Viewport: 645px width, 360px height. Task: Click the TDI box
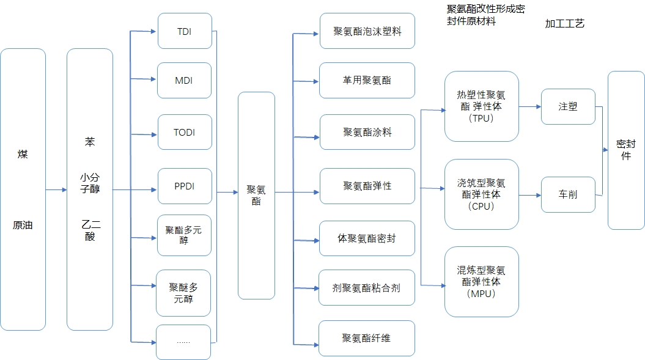185,31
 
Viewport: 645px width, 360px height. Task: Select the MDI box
185,80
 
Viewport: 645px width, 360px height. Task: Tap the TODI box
185,132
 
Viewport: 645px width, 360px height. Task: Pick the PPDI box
185,186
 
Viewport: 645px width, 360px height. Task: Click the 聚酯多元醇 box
185,235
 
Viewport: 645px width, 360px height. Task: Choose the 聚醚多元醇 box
183,293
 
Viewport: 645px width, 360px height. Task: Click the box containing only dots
183,342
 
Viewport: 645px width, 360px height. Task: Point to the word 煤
23,154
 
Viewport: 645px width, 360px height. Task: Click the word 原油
23,225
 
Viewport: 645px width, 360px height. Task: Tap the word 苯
90,142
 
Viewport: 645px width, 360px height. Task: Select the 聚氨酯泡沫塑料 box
367,31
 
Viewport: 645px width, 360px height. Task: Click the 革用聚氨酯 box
367,80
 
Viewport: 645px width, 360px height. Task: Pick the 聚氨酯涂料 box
367,132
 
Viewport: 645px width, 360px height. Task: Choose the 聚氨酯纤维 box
367,338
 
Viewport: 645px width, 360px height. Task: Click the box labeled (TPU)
482,106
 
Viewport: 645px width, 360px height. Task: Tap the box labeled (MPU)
482,281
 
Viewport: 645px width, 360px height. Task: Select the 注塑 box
568,106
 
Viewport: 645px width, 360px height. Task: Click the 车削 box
568,194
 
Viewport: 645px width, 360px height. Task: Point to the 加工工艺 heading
565,24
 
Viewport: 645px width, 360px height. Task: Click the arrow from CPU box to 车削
530,195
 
